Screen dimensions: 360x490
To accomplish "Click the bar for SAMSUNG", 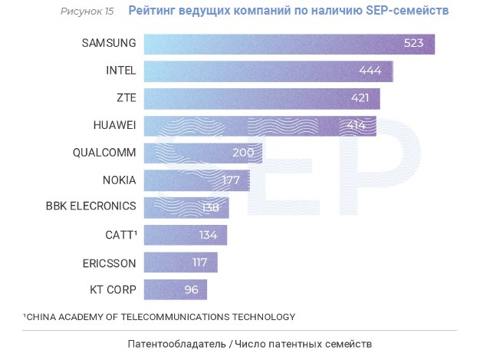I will (x=289, y=44).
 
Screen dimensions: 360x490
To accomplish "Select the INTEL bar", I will (x=268, y=71).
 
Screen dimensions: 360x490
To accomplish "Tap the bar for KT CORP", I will (x=175, y=290).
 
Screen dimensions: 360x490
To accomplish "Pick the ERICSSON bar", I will (x=180, y=263).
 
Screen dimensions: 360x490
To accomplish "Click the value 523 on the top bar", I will (x=413, y=44).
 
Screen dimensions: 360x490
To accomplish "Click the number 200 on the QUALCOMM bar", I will (x=242, y=153).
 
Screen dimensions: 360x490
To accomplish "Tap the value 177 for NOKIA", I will (x=229, y=180).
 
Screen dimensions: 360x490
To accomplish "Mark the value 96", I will (x=191, y=290).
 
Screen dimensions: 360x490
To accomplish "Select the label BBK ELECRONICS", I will (x=91, y=206).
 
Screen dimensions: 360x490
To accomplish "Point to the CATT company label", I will (x=120, y=234).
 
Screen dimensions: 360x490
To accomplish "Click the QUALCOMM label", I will (x=104, y=153).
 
